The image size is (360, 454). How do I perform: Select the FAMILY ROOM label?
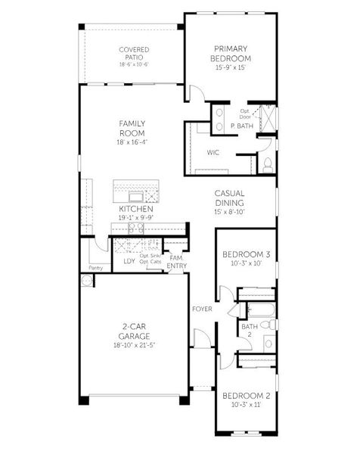click(x=132, y=128)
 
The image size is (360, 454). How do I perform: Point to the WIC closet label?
click(x=214, y=152)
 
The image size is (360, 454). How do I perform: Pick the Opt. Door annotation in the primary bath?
click(x=244, y=114)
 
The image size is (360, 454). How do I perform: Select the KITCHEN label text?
click(x=135, y=209)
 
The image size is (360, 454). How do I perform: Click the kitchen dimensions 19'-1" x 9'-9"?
click(x=135, y=218)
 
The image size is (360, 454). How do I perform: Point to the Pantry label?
click(x=95, y=268)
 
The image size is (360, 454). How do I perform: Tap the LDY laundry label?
click(x=129, y=262)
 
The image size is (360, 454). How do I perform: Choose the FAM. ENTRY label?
click(x=176, y=262)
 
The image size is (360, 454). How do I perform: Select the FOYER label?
click(x=201, y=309)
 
